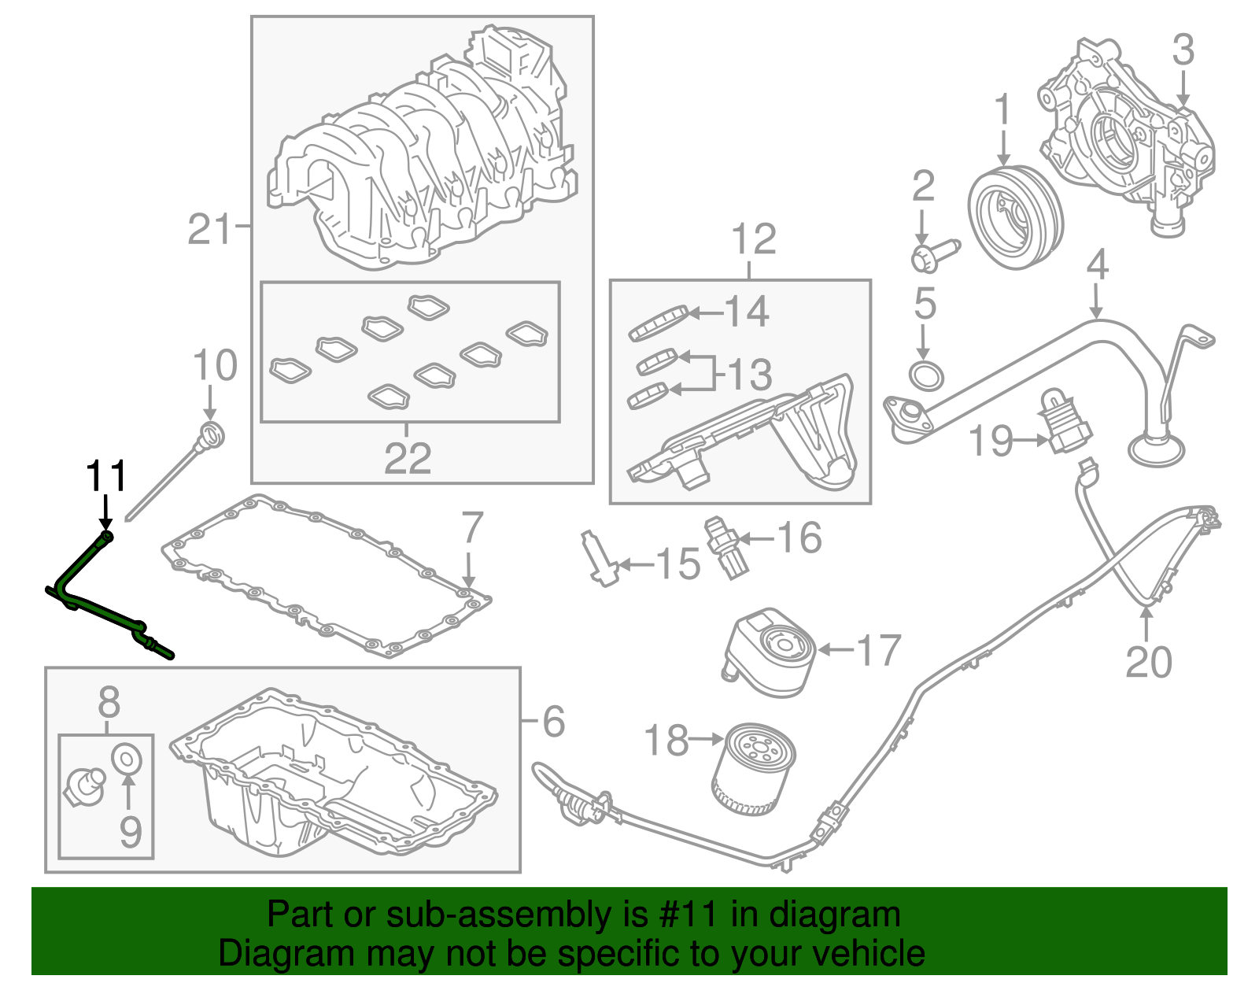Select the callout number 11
(106, 476)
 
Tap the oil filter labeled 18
(754, 770)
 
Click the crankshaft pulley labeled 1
(1014, 216)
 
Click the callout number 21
(210, 229)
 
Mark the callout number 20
(1148, 661)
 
